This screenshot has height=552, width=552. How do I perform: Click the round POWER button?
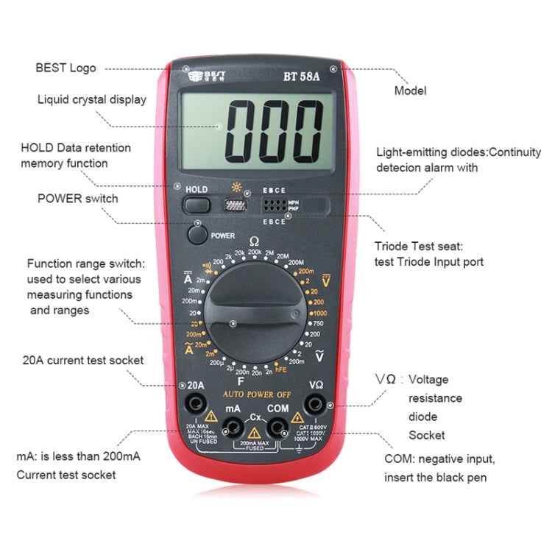(x=197, y=235)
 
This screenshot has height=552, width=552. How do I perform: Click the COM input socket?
(x=277, y=426)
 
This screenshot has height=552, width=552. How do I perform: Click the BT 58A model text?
(x=301, y=76)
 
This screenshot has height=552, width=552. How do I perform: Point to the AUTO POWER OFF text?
(x=257, y=394)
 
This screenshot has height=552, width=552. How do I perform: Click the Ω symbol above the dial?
(x=254, y=241)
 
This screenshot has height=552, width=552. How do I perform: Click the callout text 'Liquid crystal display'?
(x=92, y=99)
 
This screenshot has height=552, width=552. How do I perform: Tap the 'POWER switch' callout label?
(x=77, y=198)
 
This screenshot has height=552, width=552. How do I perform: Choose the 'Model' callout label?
(x=410, y=91)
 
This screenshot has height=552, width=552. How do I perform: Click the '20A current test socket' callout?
(x=83, y=360)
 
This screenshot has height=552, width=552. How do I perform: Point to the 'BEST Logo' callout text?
(x=66, y=68)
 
